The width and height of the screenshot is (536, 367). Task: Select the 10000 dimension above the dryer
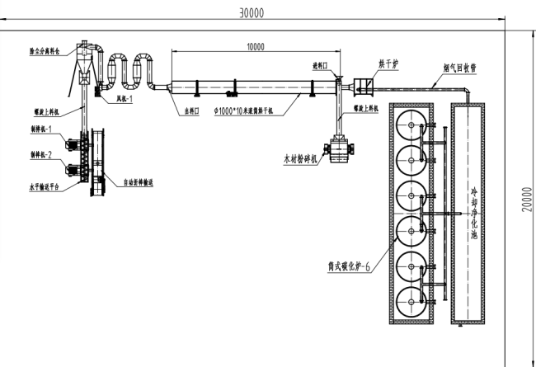point(256,47)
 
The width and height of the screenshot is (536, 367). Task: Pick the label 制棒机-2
point(40,154)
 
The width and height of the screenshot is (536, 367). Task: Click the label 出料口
point(192,110)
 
